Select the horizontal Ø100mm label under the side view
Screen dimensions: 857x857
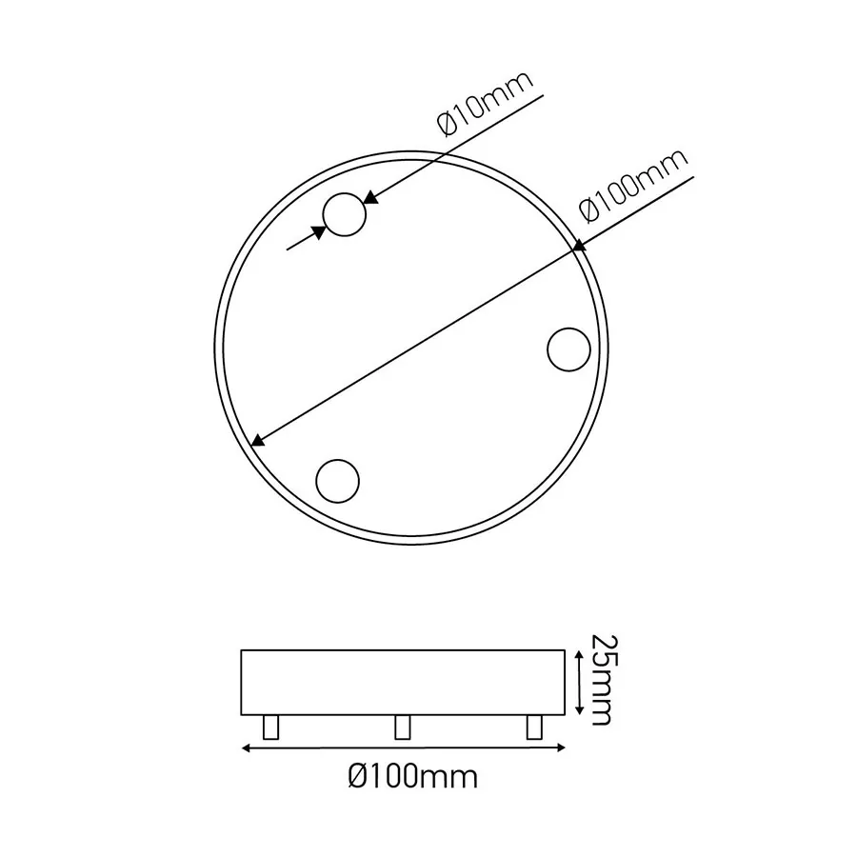pos(412,778)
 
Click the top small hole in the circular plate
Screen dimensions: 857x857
pos(344,215)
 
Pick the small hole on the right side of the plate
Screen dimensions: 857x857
pos(568,349)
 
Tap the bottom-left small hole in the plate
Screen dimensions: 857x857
pos(337,480)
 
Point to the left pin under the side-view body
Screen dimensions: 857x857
pos(272,727)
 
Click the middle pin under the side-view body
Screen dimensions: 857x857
pos(402,727)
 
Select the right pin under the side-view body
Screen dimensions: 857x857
pos(533,727)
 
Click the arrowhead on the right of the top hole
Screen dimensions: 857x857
pos(371,199)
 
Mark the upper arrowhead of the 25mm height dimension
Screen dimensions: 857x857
pos(579,655)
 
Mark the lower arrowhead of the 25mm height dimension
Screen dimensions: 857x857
pos(579,710)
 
